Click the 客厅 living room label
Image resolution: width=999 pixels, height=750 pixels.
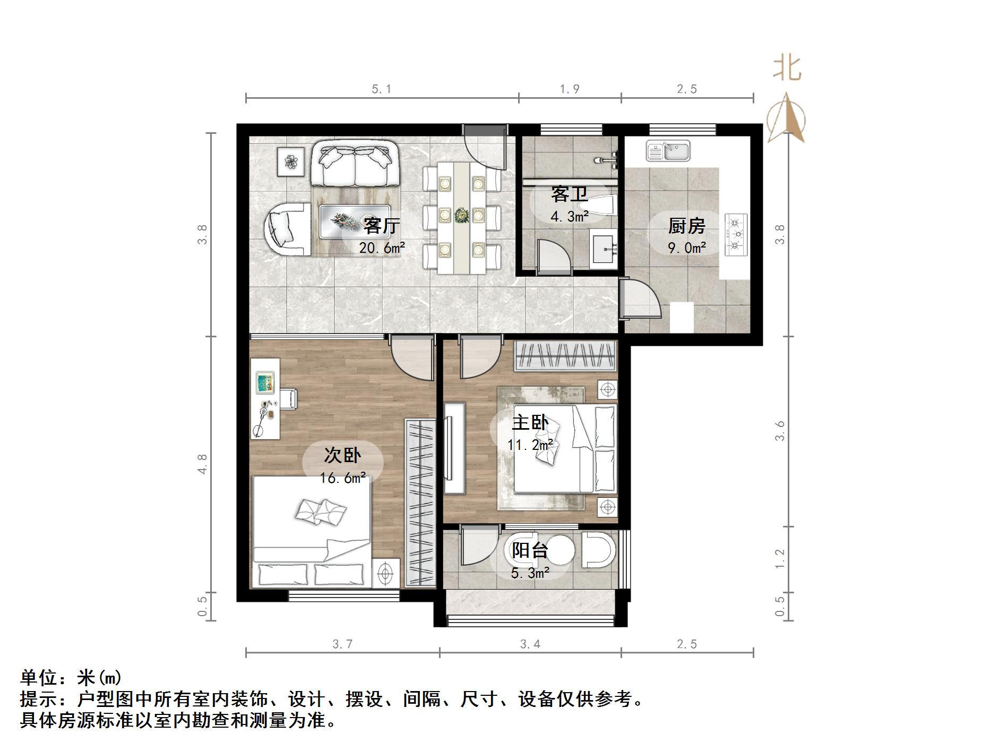pyautogui.click(x=381, y=226)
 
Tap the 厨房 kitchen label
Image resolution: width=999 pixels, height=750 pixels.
pyautogui.click(x=686, y=226)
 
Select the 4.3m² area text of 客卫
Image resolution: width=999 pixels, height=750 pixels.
pyautogui.click(x=569, y=217)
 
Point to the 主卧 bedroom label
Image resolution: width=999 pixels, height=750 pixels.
pyautogui.click(x=529, y=423)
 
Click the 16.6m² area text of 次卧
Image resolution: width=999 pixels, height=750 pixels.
pyautogui.click(x=342, y=478)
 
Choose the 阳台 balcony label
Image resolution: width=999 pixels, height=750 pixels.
pyautogui.click(x=529, y=550)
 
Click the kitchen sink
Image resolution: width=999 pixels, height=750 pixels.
pyautogui.click(x=668, y=151)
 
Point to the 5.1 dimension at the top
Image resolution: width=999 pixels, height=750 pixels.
pyautogui.click(x=381, y=89)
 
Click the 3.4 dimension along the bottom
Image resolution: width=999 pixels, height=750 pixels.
pyautogui.click(x=530, y=644)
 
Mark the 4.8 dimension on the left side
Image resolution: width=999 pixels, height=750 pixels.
pyautogui.click(x=202, y=464)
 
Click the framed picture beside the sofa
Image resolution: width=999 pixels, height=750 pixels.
pyautogui.click(x=290, y=161)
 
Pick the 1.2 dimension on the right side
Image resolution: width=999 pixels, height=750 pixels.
pyautogui.click(x=779, y=559)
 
